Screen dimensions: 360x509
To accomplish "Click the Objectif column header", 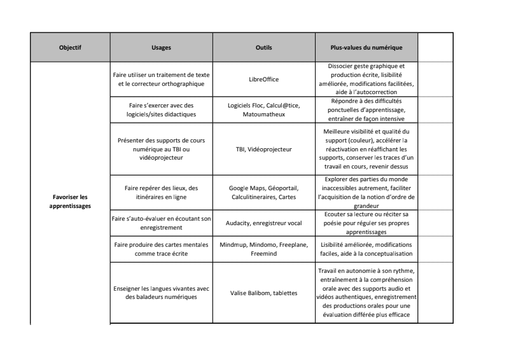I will coord(70,48).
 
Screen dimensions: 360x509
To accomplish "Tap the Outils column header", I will coord(264,48).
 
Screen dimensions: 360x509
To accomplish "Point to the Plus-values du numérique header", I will coord(366,48).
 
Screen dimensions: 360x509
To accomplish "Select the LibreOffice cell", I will coord(264,80).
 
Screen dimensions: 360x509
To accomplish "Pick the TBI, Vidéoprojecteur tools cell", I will coord(264,149).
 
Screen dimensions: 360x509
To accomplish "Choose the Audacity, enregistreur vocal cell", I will coord(264,223).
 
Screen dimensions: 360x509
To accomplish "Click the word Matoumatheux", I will coord(264,114).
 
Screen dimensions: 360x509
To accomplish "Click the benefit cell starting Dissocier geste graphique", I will coord(366,80).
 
